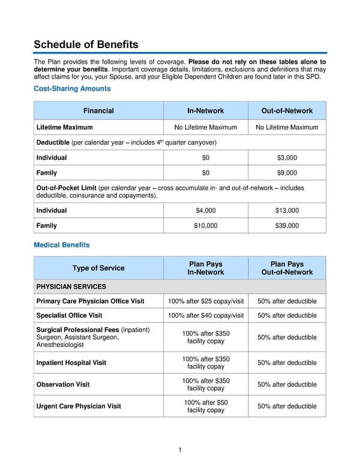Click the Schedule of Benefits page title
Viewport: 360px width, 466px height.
click(86, 44)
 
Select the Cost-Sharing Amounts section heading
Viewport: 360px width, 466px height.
click(72, 89)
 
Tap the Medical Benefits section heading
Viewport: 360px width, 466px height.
click(62, 245)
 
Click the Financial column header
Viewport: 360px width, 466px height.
click(98, 110)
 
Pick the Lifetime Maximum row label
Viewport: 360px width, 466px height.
click(65, 127)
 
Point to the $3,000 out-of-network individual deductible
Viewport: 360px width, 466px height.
click(287, 158)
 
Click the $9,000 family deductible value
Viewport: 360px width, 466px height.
click(287, 173)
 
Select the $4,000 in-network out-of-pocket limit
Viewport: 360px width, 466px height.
click(206, 211)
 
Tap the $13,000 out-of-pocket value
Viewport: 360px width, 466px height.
click(287, 211)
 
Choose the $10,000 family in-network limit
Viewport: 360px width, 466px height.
click(206, 226)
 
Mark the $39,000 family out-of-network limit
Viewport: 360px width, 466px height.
click(287, 226)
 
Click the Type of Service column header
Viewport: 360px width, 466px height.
click(98, 268)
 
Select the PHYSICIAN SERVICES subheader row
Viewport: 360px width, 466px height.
click(71, 286)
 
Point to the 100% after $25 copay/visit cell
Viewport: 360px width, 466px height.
click(206, 301)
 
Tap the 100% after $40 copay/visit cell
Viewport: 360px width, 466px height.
click(206, 316)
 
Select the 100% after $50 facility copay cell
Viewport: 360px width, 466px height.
click(206, 407)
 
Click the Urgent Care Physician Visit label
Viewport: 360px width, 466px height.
click(79, 407)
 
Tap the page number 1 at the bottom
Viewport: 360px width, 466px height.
click(180, 450)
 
